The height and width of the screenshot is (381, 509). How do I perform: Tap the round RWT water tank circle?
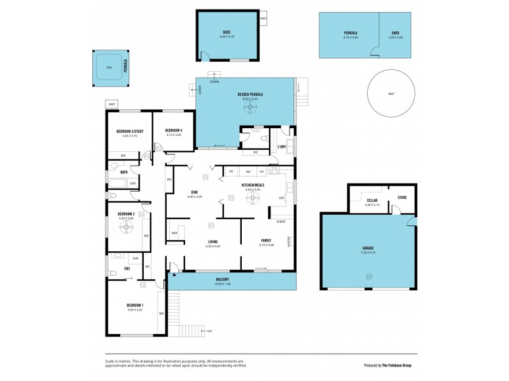point(391,93)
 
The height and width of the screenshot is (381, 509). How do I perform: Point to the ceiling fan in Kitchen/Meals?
point(253,198)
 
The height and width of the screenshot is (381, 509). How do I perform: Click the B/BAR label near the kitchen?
point(281,221)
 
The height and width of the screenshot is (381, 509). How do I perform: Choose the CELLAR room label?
point(372,200)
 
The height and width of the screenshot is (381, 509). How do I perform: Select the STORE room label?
point(402,197)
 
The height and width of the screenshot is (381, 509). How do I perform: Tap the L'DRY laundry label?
point(282,147)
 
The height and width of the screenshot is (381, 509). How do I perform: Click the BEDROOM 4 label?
point(174,131)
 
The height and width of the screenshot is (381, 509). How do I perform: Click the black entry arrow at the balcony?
point(173,275)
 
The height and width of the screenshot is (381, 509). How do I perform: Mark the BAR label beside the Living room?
point(174,233)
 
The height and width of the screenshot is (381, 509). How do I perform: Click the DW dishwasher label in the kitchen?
point(281,198)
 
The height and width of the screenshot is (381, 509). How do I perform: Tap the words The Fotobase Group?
point(399,365)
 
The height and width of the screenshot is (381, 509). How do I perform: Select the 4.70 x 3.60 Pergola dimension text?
point(351,37)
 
